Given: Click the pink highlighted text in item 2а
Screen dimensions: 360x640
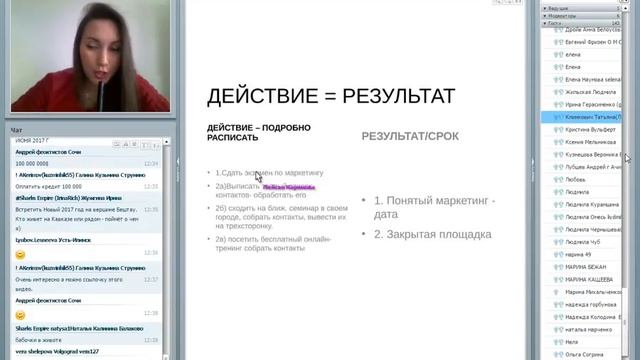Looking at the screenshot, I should [x=289, y=186].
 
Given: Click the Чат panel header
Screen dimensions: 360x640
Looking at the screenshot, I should [x=16, y=130].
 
